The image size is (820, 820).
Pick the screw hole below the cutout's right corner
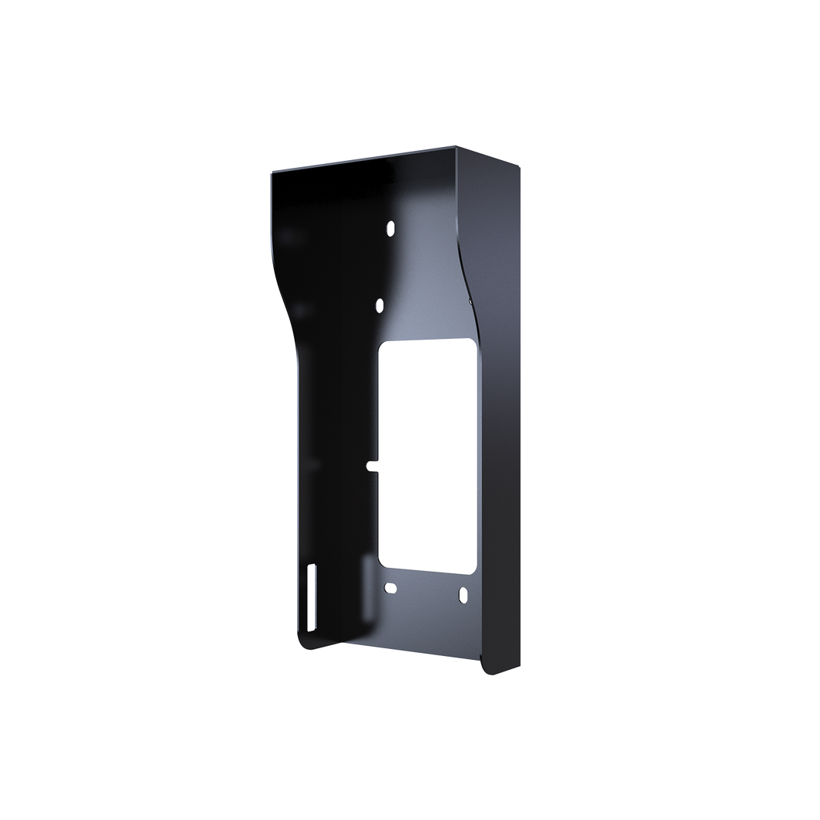(463, 595)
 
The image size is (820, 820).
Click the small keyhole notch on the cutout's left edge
(371, 466)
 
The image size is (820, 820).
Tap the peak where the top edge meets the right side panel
(458, 145)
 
